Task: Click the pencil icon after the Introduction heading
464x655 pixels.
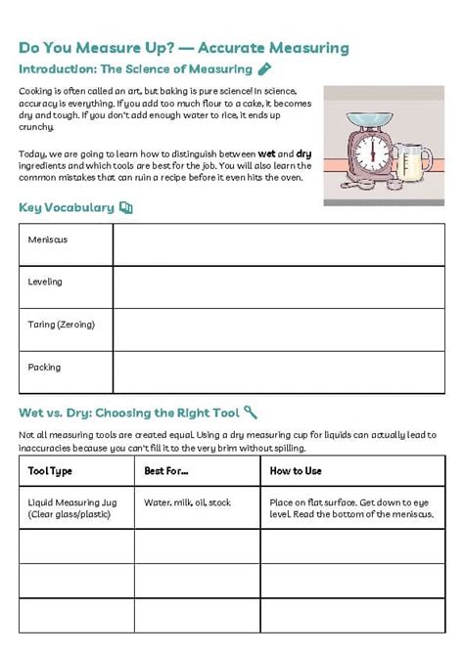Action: tap(264, 69)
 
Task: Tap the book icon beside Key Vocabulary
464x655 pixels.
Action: tap(125, 207)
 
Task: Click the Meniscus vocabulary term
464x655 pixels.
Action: tap(48, 240)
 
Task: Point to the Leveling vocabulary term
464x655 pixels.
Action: tap(45, 282)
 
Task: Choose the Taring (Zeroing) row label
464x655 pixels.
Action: tap(62, 325)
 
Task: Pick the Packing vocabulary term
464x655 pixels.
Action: tap(44, 368)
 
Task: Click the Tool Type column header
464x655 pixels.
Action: tap(50, 471)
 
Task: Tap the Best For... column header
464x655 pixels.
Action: tap(166, 471)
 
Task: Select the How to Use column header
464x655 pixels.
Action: tap(296, 471)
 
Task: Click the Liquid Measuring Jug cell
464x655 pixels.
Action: tap(72, 508)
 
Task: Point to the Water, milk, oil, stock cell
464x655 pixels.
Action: tap(188, 502)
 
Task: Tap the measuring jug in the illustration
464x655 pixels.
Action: tap(412, 162)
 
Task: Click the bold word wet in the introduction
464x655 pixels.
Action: tap(266, 153)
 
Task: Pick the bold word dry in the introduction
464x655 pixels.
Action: tap(303, 153)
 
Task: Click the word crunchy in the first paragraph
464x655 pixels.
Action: tap(37, 127)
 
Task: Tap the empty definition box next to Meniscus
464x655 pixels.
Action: tap(278, 244)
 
